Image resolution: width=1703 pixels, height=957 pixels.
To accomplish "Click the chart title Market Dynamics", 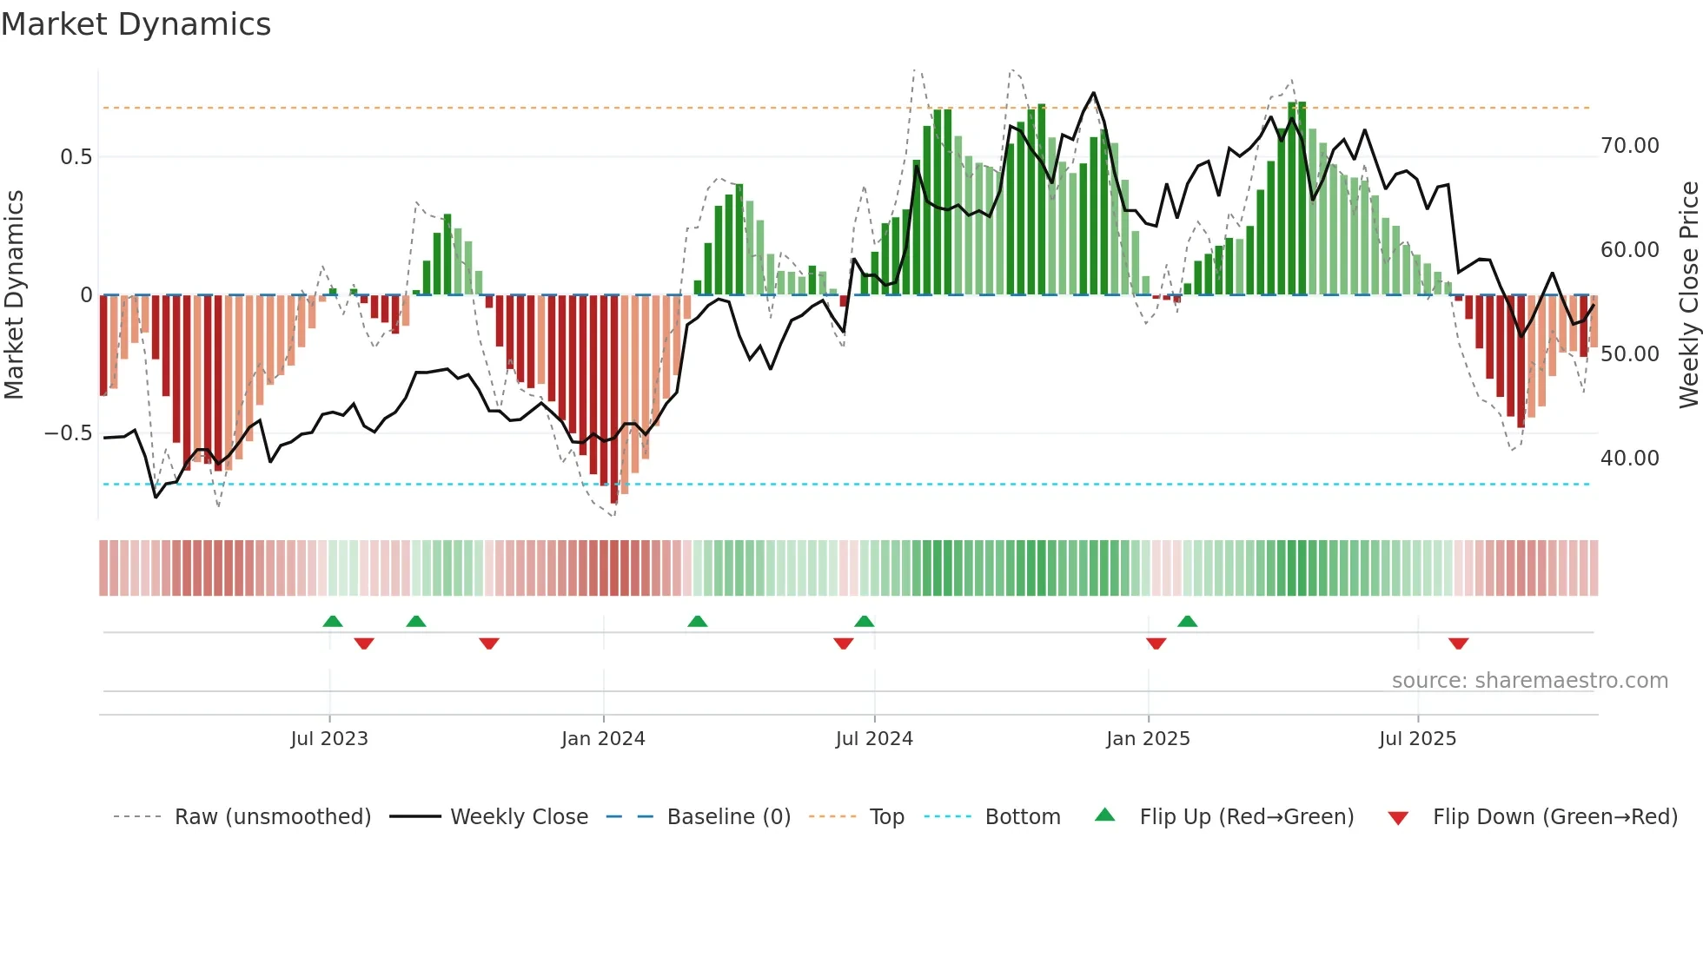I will (x=136, y=24).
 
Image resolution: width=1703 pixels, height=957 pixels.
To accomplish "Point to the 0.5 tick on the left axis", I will (x=76, y=157).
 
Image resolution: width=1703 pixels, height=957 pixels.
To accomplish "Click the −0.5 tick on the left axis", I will (x=69, y=433).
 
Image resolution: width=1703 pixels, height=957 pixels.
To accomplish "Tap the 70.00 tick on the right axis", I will (x=1629, y=146).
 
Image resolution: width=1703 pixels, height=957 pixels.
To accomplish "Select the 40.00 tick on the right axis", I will (x=1629, y=459).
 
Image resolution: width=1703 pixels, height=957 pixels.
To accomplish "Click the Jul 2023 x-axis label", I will (x=329, y=739).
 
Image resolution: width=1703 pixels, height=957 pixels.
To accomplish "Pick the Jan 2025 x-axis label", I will (x=1148, y=739).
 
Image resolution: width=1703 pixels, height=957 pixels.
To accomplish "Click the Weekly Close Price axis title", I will (x=1688, y=295).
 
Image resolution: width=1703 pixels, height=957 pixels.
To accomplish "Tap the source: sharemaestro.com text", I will (x=1529, y=681).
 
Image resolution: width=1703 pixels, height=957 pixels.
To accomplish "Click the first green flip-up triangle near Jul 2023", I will (x=333, y=621).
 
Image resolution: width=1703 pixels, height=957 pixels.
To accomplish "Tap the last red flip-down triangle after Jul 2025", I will (x=1458, y=643).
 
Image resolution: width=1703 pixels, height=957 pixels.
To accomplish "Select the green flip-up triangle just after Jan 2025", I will (x=1187, y=621).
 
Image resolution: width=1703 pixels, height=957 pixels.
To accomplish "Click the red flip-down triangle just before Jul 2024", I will (x=843, y=643).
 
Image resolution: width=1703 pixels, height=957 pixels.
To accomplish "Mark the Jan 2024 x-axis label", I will (x=603, y=739).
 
